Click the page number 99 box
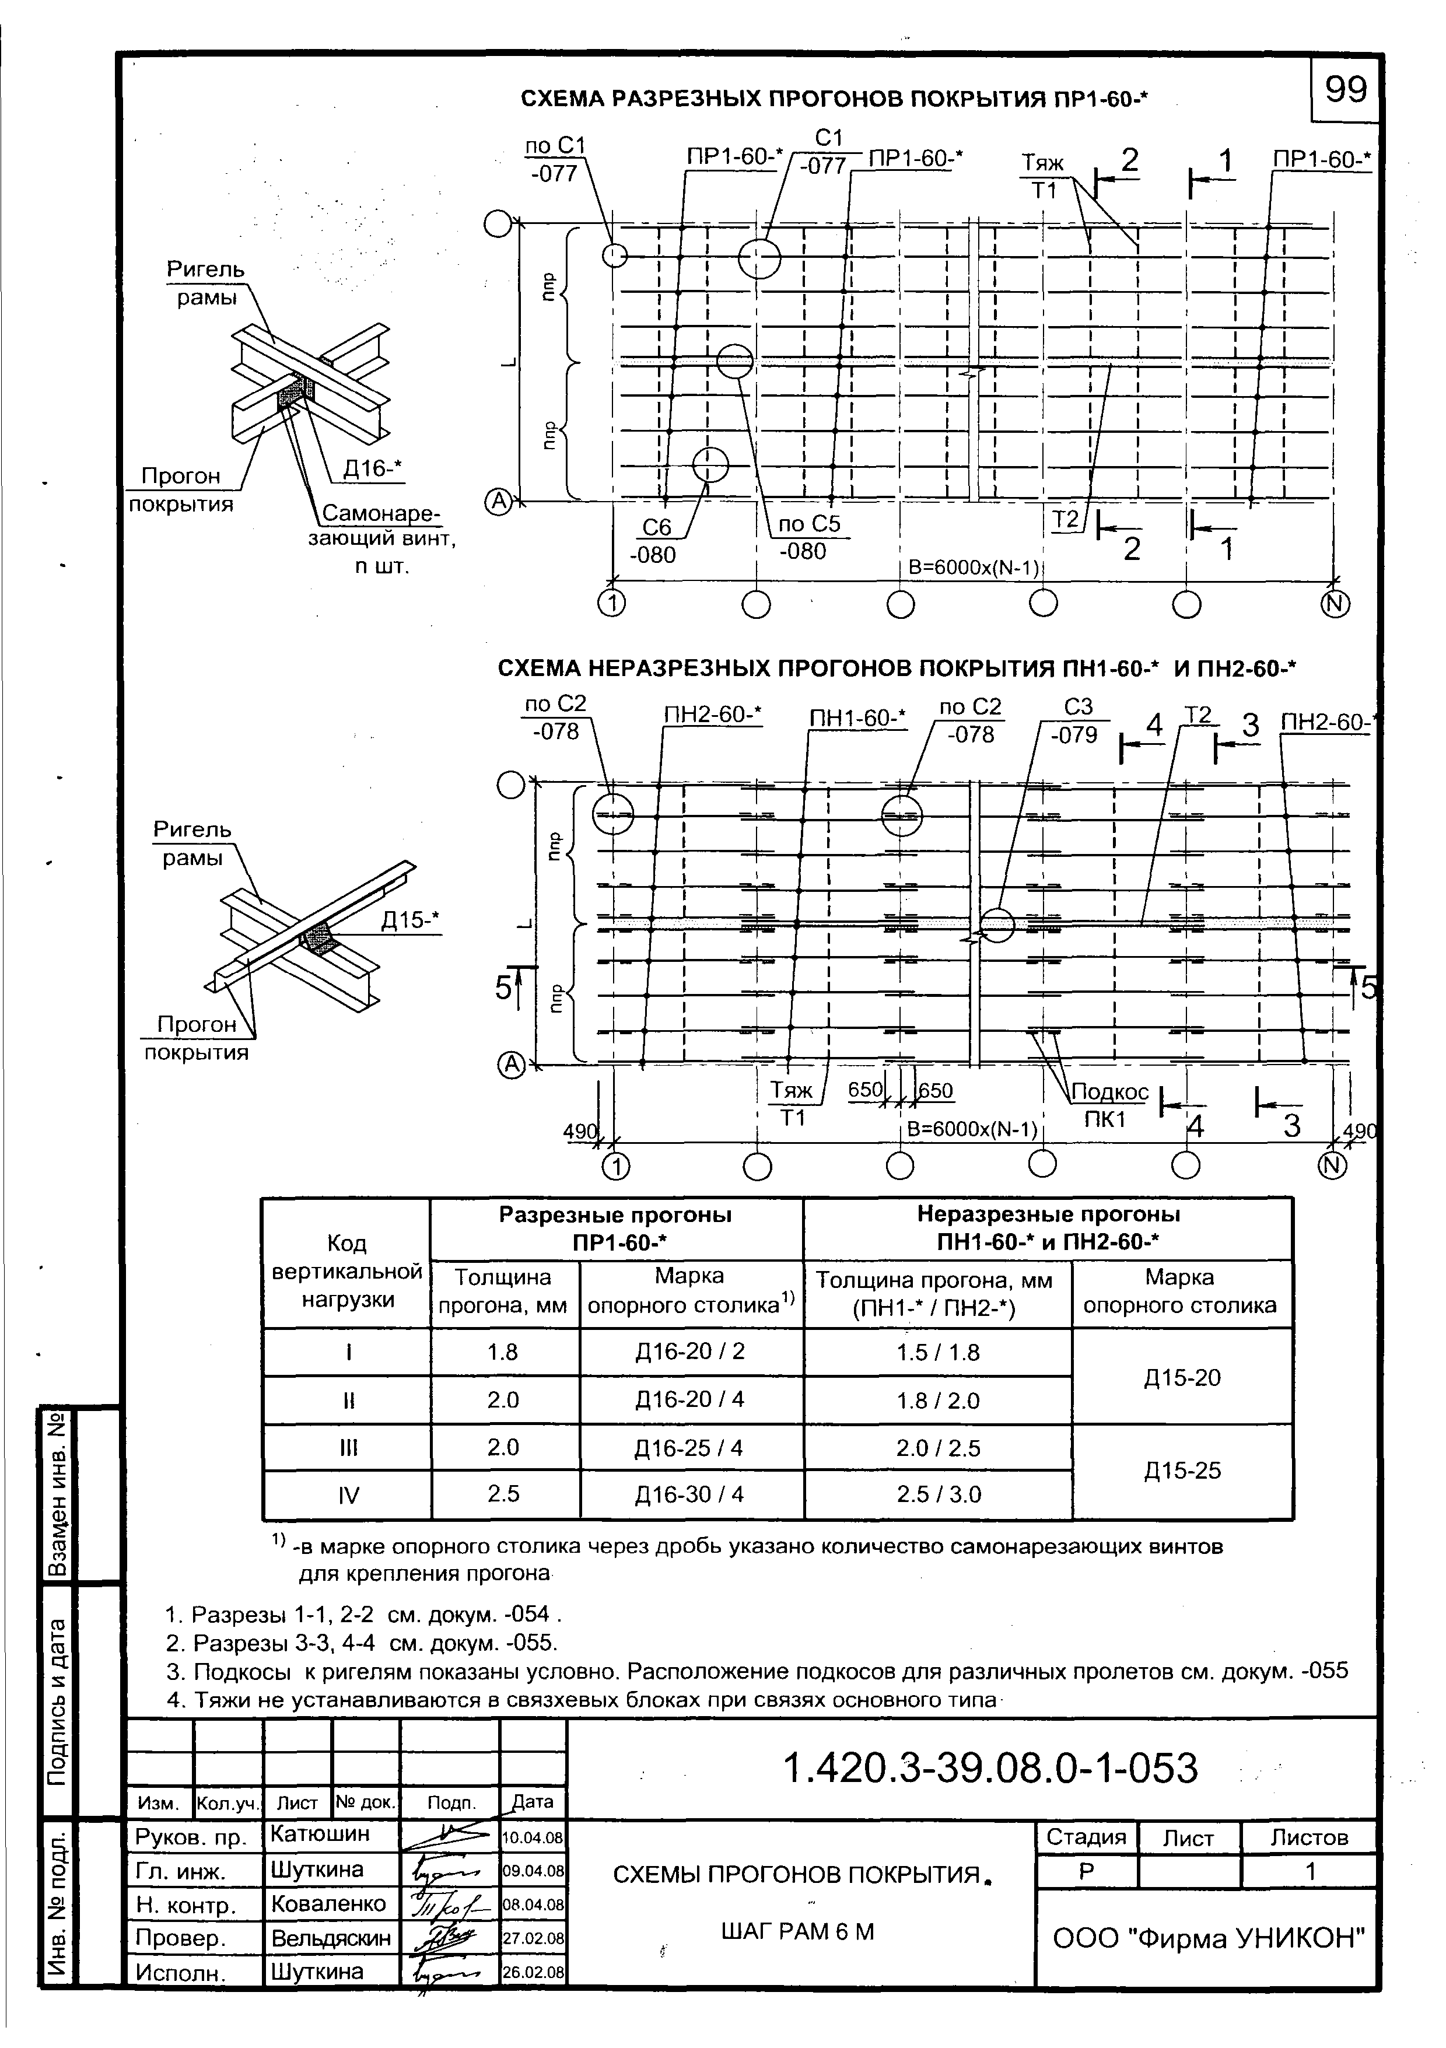tap(1345, 89)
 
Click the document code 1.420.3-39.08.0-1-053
tap(990, 1768)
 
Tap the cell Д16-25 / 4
tap(689, 1448)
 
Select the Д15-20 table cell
tap(1182, 1378)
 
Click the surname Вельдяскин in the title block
tap(331, 1938)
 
